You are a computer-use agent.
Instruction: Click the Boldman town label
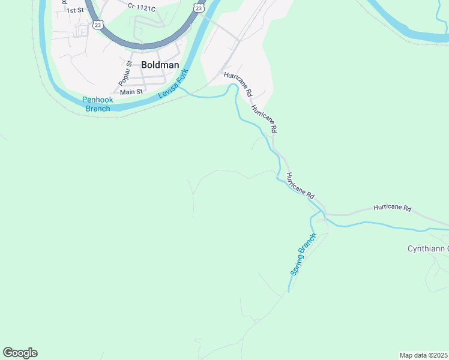point(160,65)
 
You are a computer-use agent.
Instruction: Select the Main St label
point(131,92)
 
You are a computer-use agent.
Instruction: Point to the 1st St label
point(75,10)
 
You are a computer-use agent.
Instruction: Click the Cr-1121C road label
point(141,6)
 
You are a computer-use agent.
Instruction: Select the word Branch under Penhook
point(98,109)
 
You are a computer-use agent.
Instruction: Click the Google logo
point(20,353)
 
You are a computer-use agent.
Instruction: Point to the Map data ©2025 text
point(423,355)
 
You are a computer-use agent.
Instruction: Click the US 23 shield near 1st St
point(97,25)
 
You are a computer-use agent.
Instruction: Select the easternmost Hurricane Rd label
point(392,208)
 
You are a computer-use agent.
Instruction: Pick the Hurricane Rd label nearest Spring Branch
point(300,186)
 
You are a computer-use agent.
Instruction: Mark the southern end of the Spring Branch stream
point(289,292)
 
